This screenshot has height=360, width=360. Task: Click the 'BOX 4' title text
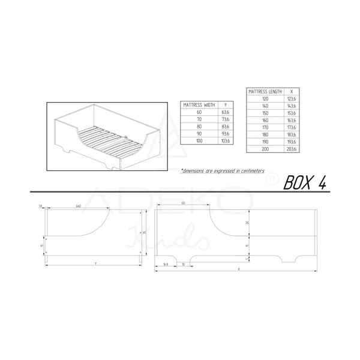(x=304, y=182)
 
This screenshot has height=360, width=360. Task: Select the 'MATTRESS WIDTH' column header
(x=199, y=104)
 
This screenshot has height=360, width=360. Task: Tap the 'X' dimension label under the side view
(x=239, y=269)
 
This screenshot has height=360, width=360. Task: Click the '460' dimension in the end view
(x=79, y=206)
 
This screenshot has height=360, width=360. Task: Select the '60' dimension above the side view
(x=182, y=204)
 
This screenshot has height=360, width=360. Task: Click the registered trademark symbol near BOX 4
(x=274, y=178)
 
